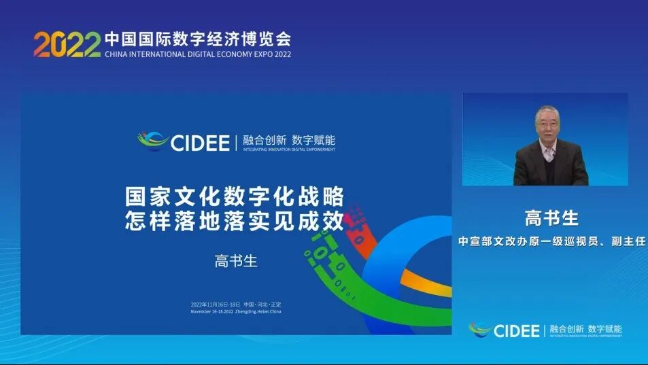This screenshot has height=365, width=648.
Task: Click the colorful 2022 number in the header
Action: [67, 44]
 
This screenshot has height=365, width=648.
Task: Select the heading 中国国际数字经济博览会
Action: [197, 38]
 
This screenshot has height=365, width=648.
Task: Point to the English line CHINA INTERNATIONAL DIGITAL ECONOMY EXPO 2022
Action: [197, 54]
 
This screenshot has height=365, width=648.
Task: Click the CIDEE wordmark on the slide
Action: [200, 142]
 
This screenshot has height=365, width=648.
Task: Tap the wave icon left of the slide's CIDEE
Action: [153, 141]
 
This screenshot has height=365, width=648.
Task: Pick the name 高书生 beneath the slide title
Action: [236, 261]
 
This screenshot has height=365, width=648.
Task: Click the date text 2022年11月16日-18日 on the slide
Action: [216, 304]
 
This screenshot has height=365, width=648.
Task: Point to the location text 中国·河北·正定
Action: [262, 304]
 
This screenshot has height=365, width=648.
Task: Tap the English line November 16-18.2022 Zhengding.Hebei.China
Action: [235, 311]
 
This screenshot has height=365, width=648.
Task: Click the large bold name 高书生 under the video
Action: [551, 218]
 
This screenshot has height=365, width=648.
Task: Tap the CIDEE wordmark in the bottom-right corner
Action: [516, 331]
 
